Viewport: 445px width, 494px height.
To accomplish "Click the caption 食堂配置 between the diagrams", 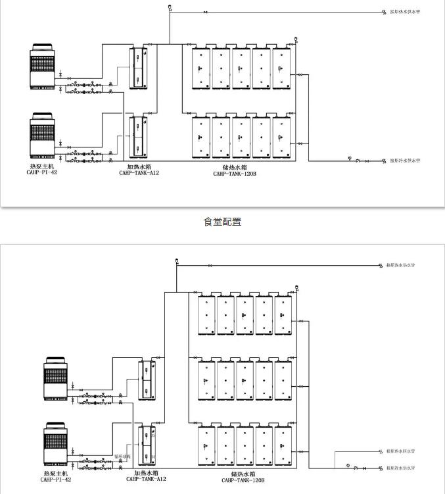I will coord(222,222).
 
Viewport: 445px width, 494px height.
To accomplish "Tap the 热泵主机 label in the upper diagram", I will coord(42,166).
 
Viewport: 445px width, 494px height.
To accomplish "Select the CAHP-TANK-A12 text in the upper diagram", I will coord(139,173).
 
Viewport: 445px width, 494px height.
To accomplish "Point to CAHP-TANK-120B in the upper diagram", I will coord(234,174).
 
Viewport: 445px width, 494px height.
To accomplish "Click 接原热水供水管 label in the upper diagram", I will coord(404,12).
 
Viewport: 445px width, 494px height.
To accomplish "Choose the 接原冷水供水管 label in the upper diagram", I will coord(404,161).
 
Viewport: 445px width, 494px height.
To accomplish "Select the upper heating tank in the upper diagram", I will coord(138,68).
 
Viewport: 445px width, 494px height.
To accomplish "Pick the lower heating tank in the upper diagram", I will coord(138,137).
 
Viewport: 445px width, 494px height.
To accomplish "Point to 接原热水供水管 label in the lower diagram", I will coord(401,266).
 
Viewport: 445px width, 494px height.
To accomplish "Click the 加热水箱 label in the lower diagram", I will coord(145,472).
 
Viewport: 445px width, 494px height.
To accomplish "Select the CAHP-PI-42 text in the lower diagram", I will coord(55,480).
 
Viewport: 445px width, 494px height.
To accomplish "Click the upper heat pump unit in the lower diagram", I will coord(55,378).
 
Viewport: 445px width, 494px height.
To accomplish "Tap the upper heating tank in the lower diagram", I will coord(146,380).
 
